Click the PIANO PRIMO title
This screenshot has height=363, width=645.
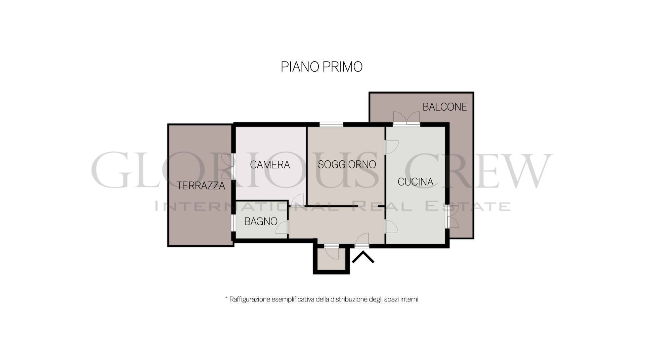[x=321, y=67]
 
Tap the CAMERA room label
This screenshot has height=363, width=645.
[x=270, y=165]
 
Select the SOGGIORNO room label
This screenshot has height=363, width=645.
[x=347, y=164]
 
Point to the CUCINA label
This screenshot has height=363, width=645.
[x=415, y=182]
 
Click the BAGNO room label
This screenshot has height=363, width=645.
[x=261, y=221]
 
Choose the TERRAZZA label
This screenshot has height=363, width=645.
[x=201, y=186]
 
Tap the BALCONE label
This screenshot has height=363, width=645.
[x=445, y=107]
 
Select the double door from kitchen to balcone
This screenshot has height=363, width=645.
[x=406, y=118]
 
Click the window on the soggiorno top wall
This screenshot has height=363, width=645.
[x=331, y=125]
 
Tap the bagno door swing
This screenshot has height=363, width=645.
[x=282, y=227]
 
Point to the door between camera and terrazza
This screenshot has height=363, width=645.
[x=228, y=166]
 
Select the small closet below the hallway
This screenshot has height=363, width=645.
[x=331, y=259]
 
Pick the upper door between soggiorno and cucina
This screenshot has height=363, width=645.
[x=391, y=147]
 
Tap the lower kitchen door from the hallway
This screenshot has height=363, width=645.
[x=391, y=227]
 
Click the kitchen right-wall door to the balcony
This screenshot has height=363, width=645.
[x=452, y=216]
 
